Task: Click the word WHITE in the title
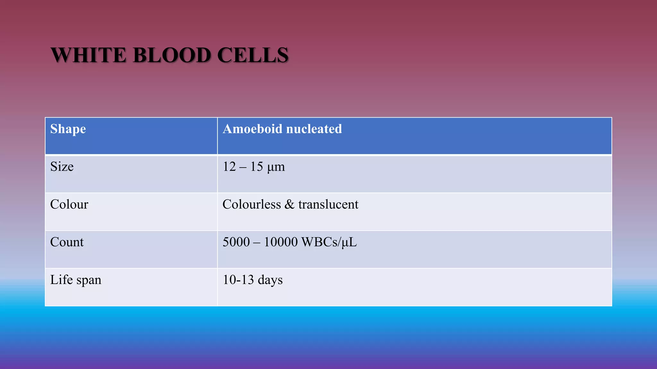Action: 88,55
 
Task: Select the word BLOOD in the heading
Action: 172,55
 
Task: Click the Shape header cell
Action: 68,129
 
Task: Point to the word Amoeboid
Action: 252,129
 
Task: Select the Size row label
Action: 62,167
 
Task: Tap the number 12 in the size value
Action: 229,167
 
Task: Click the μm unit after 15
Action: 276,167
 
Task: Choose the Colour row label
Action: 69,204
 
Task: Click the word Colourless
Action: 252,204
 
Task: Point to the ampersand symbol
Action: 289,204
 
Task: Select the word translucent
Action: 328,204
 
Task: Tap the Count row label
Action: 67,242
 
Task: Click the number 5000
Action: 236,242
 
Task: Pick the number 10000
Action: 281,242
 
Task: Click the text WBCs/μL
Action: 329,242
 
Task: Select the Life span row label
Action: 76,280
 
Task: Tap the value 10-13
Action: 238,280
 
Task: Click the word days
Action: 270,280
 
